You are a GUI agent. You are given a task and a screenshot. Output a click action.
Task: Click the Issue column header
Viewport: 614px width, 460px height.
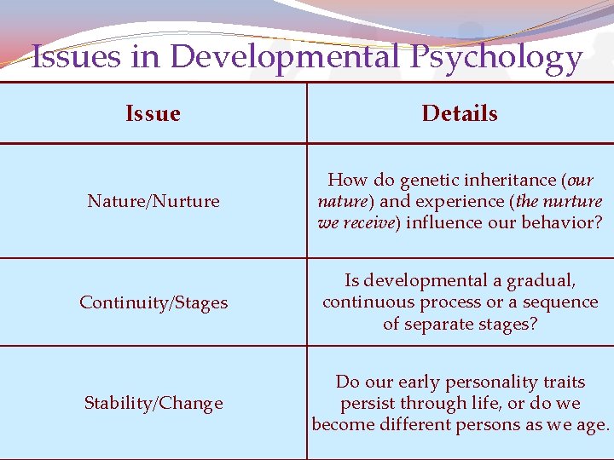coord(153,113)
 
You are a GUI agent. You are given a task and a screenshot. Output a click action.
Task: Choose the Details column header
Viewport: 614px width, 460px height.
coord(460,113)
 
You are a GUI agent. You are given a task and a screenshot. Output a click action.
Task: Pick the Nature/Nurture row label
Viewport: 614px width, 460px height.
coord(153,201)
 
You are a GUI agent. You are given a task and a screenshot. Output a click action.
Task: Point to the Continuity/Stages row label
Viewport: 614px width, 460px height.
coord(153,302)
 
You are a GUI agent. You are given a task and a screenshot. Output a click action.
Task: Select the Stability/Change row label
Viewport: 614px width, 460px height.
coord(153,403)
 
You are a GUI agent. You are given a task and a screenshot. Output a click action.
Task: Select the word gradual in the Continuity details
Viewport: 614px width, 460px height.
coord(542,280)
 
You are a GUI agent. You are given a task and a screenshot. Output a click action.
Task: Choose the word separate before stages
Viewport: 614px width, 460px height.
coord(443,325)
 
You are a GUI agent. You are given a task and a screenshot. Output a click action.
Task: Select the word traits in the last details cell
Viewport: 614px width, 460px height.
coord(562,382)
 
